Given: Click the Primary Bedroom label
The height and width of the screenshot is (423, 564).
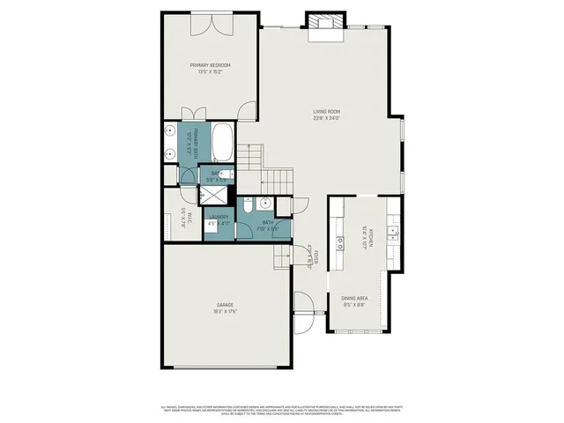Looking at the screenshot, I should tap(209, 65).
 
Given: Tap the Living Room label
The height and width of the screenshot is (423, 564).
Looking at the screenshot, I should tap(327, 112).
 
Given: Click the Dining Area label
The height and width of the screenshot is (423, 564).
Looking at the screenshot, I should tap(355, 300).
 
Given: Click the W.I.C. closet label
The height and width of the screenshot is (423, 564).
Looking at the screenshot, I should tap(182, 216).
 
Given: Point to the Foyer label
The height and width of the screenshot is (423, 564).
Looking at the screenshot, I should tap(309, 256).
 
